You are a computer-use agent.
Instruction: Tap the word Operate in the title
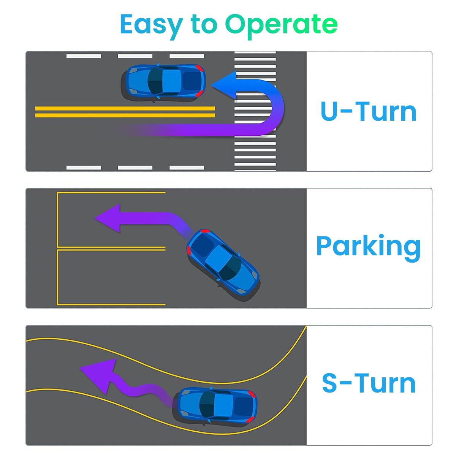point(281,24)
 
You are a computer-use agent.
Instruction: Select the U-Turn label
point(368,111)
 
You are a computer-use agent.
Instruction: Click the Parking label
point(368,246)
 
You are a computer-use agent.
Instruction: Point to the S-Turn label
point(368,383)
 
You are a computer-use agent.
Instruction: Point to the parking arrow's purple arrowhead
point(108,218)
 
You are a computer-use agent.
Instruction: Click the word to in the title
point(204,24)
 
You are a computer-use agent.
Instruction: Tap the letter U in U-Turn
point(329,111)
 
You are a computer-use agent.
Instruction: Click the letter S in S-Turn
point(330,383)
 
